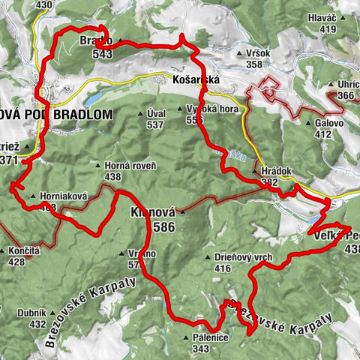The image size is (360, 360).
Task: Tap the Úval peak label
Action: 155,113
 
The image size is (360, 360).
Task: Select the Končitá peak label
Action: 25,252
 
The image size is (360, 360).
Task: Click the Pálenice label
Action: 210,339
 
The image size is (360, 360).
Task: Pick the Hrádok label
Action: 280,171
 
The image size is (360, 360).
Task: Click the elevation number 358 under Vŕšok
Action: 253,64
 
